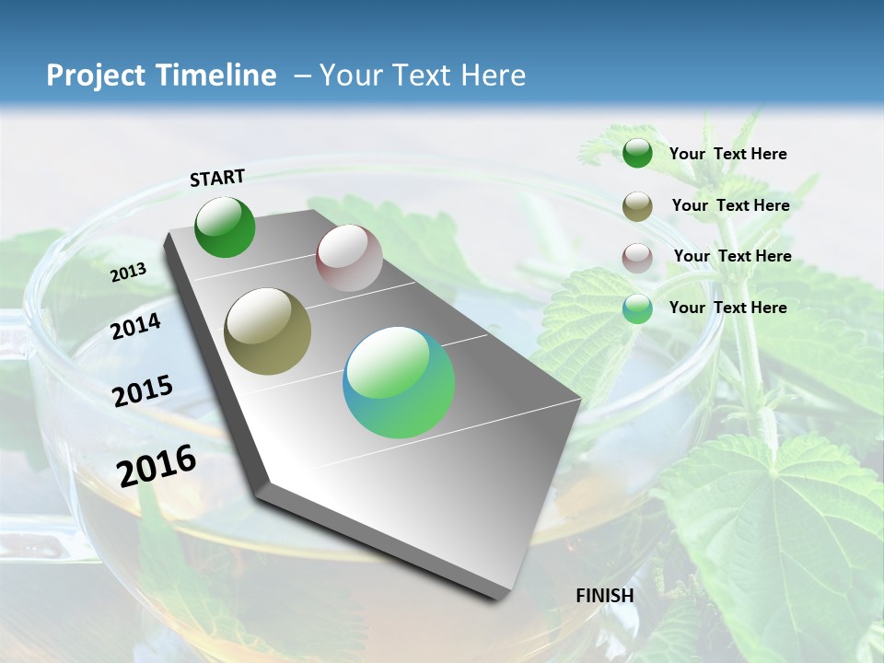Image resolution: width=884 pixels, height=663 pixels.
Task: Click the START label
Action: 217,178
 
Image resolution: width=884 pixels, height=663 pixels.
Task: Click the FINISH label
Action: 605,596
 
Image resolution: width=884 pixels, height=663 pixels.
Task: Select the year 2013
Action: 128,273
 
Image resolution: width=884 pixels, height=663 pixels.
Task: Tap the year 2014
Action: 135,326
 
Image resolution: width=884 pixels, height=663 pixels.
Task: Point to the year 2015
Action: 142,391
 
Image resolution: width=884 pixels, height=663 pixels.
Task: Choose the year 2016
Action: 157,465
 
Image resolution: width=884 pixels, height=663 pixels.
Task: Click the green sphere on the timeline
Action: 225,227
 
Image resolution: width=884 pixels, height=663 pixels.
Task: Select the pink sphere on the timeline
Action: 349,258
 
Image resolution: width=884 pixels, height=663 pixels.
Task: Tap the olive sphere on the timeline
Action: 267,331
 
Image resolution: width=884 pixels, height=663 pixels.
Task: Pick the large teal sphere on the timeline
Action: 399,382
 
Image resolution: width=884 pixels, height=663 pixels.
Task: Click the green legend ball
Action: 637,154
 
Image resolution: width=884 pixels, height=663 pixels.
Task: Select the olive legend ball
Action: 637,206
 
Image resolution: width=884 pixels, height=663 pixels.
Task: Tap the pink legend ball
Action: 637,258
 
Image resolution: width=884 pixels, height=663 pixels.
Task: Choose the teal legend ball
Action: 637,308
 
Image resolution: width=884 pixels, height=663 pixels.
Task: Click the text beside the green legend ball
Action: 727,154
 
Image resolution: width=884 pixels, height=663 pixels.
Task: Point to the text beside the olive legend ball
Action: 730,205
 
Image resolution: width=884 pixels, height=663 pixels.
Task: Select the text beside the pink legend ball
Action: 732,256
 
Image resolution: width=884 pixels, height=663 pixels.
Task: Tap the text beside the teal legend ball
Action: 727,308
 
